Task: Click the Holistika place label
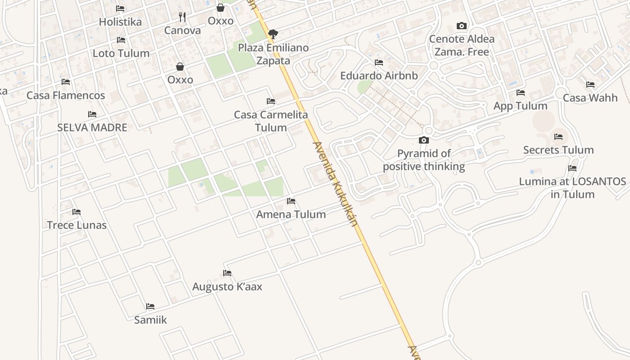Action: pyautogui.click(x=120, y=22)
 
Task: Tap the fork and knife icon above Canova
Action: pyautogui.click(x=182, y=17)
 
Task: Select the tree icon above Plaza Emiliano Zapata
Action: pyautogui.click(x=273, y=34)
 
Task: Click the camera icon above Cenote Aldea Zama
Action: pyautogui.click(x=462, y=26)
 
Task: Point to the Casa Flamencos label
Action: pyautogui.click(x=66, y=95)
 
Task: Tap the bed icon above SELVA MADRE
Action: pyautogui.click(x=92, y=114)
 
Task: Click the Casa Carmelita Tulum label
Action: pyautogui.click(x=271, y=121)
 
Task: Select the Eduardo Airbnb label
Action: pyautogui.click(x=379, y=76)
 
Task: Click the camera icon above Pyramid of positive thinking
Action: pyautogui.click(x=424, y=140)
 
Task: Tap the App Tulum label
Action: pyautogui.click(x=521, y=106)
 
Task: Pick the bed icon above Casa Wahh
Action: pyautogui.click(x=590, y=85)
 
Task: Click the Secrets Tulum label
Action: pyautogui.click(x=558, y=150)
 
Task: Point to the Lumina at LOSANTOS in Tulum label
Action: pyautogui.click(x=572, y=188)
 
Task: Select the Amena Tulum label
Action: pyautogui.click(x=291, y=214)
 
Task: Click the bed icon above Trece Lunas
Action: pyautogui.click(x=76, y=212)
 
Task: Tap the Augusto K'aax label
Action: pyautogui.click(x=227, y=287)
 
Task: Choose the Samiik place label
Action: pyautogui.click(x=150, y=320)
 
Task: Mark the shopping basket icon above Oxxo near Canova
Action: pyautogui.click(x=220, y=8)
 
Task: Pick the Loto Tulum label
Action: pyautogui.click(x=121, y=53)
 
